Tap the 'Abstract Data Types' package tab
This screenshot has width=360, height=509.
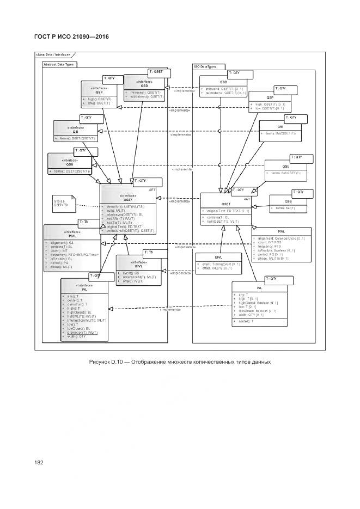pyautogui.click(x=59, y=64)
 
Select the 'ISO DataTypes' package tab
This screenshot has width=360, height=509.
pyautogui.click(x=204, y=66)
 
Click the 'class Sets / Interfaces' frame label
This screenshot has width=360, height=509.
pyautogui.click(x=52, y=56)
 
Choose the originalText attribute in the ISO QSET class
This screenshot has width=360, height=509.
pyautogui.click(x=227, y=211)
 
